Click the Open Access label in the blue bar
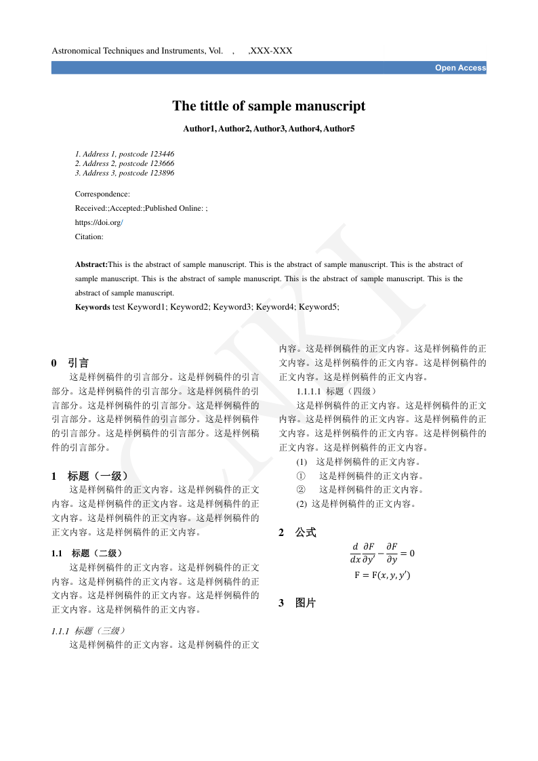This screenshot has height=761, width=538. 460,68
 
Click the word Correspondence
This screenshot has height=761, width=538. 102,194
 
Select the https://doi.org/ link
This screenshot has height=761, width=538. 99,222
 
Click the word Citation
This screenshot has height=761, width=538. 89,236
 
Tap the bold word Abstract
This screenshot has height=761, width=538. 91,264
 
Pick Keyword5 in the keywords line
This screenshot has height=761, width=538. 318,307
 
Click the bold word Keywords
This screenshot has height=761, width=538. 92,307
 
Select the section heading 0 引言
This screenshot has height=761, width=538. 70,363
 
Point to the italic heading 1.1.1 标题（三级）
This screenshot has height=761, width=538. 88,631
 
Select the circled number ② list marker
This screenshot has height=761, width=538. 302,489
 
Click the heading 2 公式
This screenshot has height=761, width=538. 297,533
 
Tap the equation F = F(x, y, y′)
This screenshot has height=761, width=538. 382,575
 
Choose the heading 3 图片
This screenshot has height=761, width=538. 297,603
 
